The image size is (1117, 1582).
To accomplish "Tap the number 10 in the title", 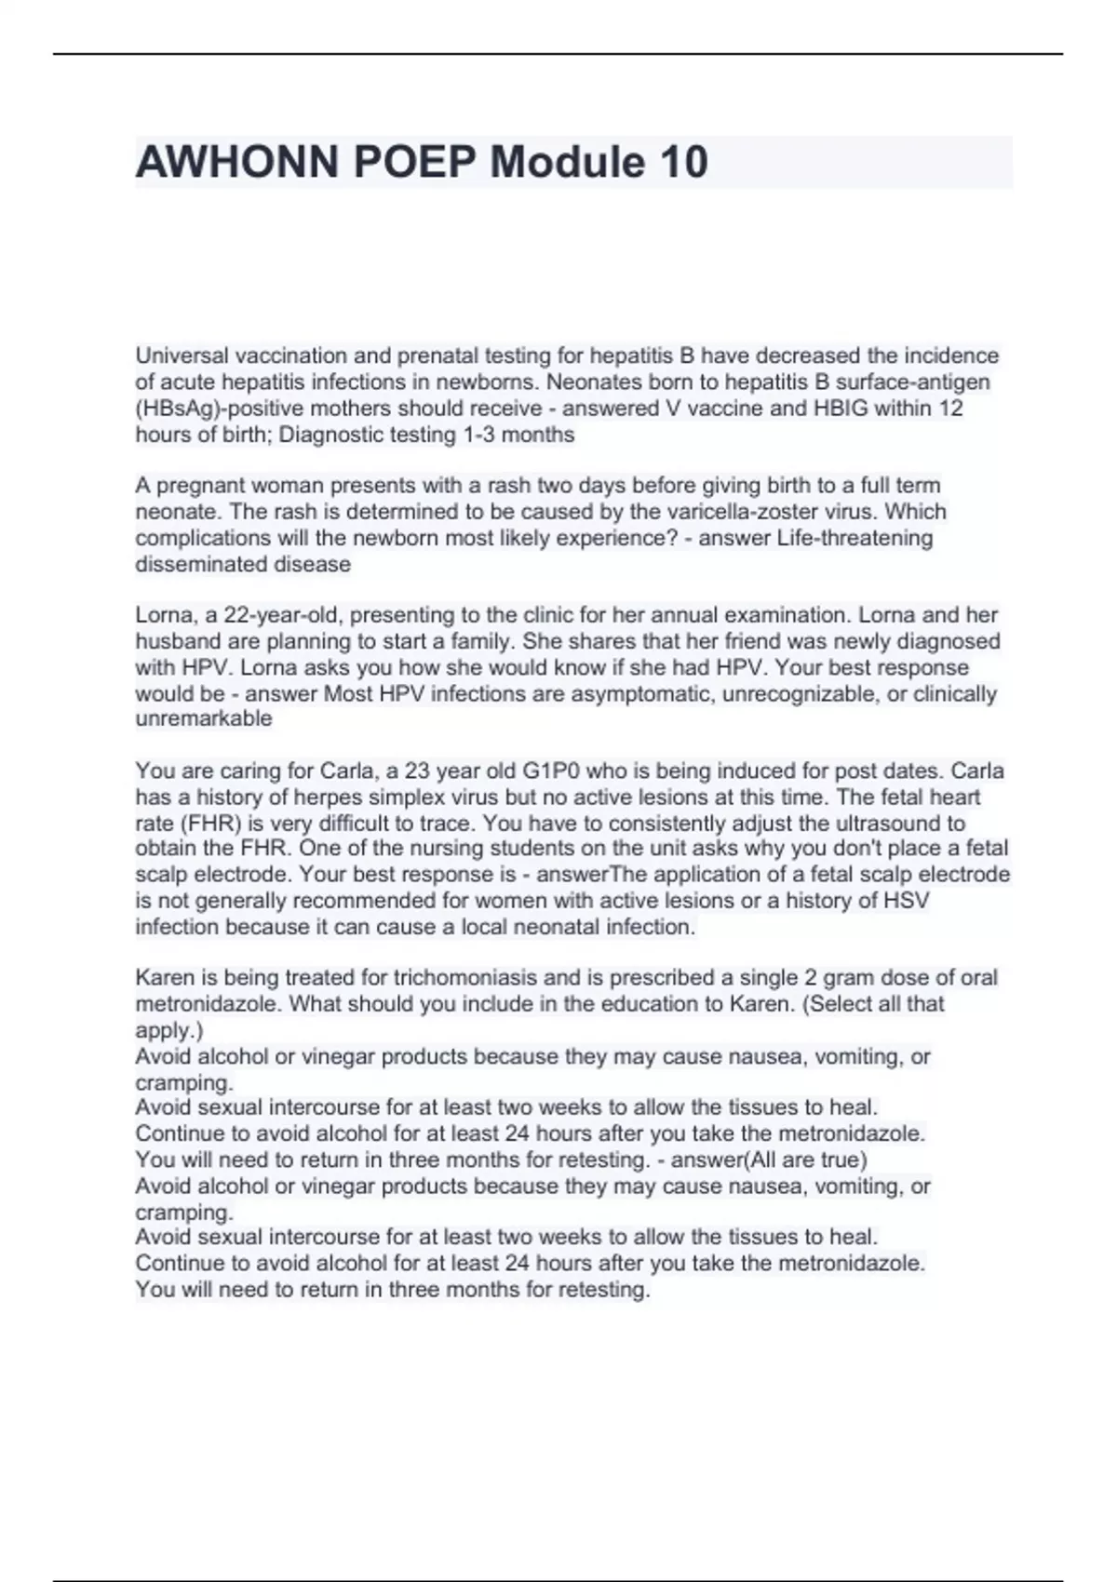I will pyautogui.click(x=683, y=162).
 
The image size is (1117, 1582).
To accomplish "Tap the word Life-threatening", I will pyautogui.click(x=855, y=538).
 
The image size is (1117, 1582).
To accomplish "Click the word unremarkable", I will pyautogui.click(x=204, y=718).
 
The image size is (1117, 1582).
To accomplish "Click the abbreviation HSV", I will pyautogui.click(x=908, y=901).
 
